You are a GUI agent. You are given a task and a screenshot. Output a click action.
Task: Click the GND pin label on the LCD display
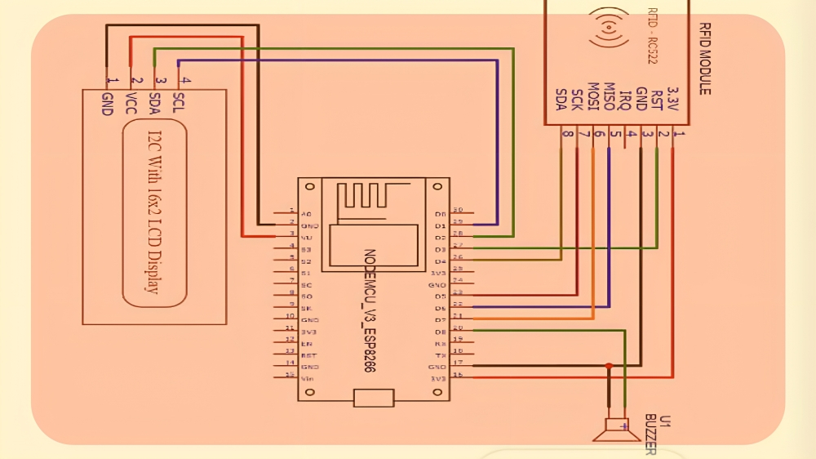pos(106,104)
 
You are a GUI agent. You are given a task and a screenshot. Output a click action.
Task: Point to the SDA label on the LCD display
pos(155,104)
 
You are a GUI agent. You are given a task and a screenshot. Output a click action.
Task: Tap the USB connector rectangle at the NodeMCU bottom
pos(374,399)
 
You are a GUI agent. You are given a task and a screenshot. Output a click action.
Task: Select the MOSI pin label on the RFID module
pos(593,100)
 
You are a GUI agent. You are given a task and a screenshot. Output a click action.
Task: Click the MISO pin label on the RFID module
pos(609,100)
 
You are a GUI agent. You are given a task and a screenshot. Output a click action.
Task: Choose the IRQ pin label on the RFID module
pos(625,100)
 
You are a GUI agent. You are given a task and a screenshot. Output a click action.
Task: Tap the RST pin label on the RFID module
pos(657,100)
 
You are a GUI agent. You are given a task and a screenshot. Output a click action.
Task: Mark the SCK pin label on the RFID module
pos(577,100)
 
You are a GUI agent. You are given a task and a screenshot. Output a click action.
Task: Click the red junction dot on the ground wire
pos(609,365)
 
